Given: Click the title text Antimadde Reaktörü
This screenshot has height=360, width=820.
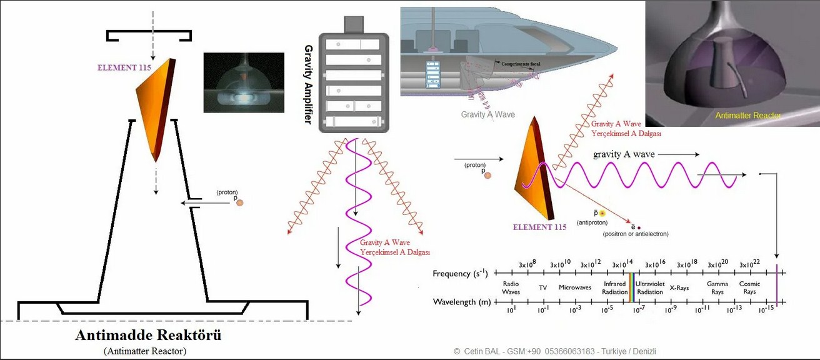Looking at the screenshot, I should (x=148, y=335).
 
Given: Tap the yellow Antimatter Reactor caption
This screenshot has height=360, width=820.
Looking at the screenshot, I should (x=739, y=116).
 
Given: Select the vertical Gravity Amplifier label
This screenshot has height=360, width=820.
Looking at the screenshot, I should (x=307, y=84).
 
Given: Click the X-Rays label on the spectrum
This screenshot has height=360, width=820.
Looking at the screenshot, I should (x=679, y=288).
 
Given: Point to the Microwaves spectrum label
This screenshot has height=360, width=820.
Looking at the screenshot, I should (x=575, y=288).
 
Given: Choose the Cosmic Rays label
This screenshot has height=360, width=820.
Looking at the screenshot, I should (x=749, y=288).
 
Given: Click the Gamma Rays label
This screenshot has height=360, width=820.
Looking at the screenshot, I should (x=717, y=288).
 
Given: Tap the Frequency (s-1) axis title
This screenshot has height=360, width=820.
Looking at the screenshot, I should (x=461, y=274).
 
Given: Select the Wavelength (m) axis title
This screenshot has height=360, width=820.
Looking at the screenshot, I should (x=462, y=302).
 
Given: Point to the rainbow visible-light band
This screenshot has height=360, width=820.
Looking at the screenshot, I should (x=631, y=287).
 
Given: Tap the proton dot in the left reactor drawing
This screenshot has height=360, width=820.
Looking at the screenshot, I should (x=239, y=202).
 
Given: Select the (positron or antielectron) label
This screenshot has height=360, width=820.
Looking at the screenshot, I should (x=636, y=234).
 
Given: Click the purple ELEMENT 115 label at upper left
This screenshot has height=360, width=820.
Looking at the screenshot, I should (x=124, y=67).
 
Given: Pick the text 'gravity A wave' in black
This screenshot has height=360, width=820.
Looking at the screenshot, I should (x=621, y=154).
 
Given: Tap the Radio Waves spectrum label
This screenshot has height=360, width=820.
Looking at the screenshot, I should (x=511, y=288).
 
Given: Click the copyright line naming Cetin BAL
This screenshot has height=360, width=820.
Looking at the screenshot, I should (x=559, y=352).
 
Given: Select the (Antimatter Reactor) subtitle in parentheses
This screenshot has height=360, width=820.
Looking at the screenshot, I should (x=145, y=351).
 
